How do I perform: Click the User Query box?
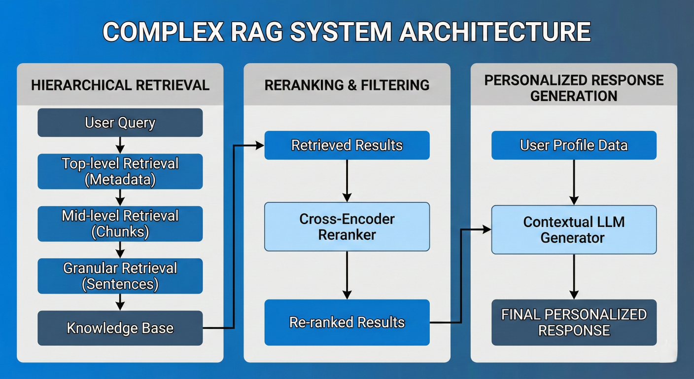click(x=120, y=122)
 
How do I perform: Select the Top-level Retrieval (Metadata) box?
click(x=120, y=171)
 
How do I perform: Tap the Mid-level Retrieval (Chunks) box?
click(x=120, y=224)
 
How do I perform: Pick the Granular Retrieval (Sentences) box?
click(x=120, y=276)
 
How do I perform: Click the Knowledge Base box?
click(x=120, y=328)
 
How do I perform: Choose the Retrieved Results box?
click(x=347, y=145)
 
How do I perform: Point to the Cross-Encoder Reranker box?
click(x=347, y=227)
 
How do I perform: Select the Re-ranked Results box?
click(x=347, y=322)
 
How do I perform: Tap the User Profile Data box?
click(x=574, y=145)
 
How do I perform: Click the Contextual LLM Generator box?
click(x=574, y=229)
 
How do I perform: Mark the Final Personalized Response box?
click(x=574, y=322)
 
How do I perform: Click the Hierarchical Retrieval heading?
click(x=120, y=85)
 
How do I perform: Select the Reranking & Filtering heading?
click(x=347, y=85)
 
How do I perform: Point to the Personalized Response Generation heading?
click(x=574, y=88)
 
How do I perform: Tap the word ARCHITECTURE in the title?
click(x=494, y=32)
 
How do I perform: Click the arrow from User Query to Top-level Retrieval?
click(x=120, y=145)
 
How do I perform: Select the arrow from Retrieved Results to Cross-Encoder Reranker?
click(x=347, y=181)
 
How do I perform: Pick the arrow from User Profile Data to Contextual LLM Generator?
click(x=574, y=182)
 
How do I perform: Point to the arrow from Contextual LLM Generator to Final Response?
click(x=574, y=276)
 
